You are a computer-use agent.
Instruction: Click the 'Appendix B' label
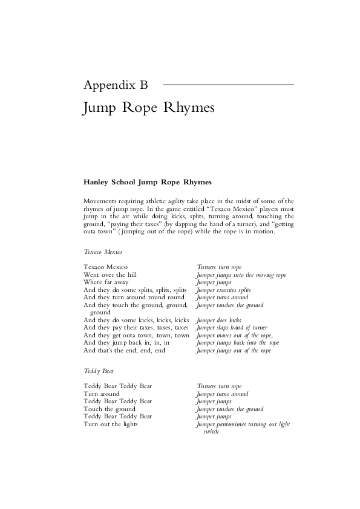point(115,85)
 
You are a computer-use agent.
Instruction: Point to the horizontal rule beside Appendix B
point(228,85)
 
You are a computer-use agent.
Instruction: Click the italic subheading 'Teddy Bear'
point(99,370)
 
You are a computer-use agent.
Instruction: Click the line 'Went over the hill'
point(110,274)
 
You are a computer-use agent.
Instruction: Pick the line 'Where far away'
point(106,282)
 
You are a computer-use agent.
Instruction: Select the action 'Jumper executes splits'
point(223,290)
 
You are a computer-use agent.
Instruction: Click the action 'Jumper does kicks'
point(218,320)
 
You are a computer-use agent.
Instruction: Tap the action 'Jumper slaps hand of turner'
point(232,328)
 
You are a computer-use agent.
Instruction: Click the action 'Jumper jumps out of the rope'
point(234,351)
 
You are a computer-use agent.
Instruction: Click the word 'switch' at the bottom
point(211,432)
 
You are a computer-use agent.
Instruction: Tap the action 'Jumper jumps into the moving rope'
point(241,274)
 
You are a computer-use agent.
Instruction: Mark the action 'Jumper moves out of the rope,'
point(235,336)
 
